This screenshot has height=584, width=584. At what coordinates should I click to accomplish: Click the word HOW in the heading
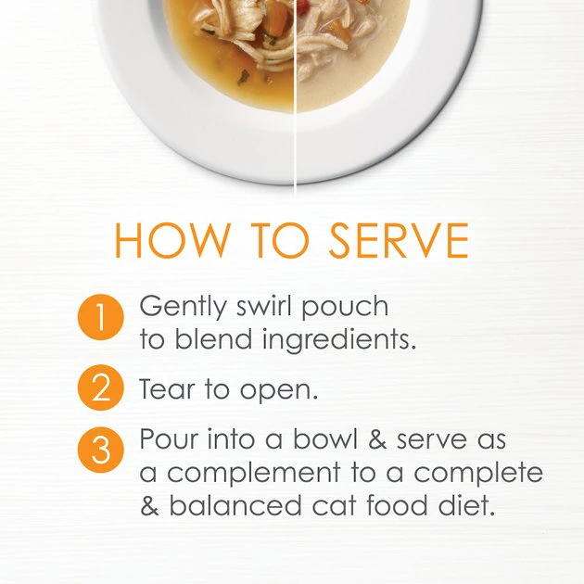click(x=172, y=240)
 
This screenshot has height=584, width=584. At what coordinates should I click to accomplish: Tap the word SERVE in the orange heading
click(x=399, y=240)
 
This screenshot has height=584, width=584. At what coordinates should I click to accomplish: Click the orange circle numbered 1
click(x=100, y=317)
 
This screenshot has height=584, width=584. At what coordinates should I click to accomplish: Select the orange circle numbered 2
click(x=100, y=387)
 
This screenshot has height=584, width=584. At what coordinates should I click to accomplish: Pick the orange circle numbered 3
click(x=100, y=450)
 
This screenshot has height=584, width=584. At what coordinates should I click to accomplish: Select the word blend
click(x=213, y=339)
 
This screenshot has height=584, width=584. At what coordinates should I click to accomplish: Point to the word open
click(x=279, y=392)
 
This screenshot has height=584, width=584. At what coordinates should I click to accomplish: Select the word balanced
click(x=235, y=505)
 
